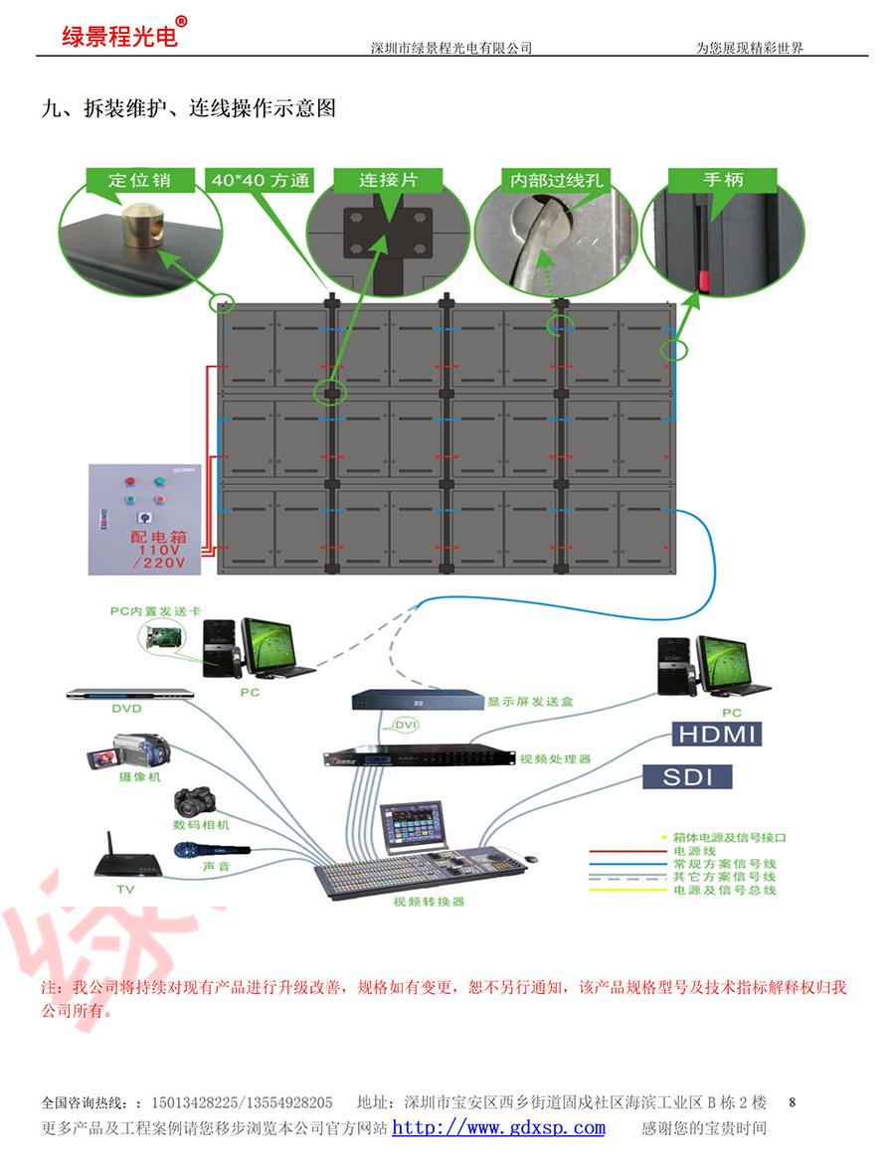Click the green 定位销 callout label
[139, 180]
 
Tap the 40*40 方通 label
[260, 181]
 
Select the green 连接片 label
[387, 180]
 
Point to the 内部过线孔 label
[556, 181]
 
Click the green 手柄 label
[723, 180]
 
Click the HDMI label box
[717, 735]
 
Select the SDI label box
[688, 776]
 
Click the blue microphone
[212, 851]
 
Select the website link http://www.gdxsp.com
[498, 1127]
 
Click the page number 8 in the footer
[793, 1101]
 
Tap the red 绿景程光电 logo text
[119, 37]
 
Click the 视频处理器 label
[555, 759]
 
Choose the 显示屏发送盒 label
[530, 702]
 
